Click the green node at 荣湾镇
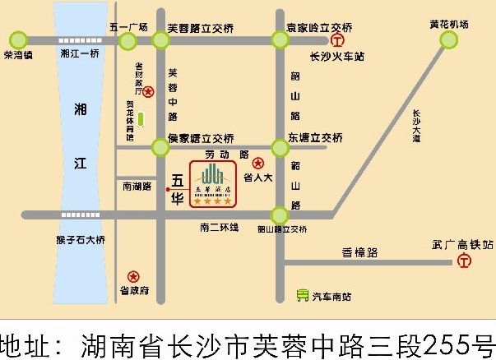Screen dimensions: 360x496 [x=17, y=39]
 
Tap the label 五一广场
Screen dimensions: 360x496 [x=127, y=26]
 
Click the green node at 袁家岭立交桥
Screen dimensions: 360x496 [x=280, y=39]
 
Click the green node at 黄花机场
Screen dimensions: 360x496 [x=449, y=39]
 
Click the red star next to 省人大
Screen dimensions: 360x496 [x=258, y=163]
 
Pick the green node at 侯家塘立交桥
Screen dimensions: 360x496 [x=159, y=148]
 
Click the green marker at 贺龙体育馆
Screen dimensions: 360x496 [x=141, y=119]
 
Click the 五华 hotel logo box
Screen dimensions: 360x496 [x=213, y=182]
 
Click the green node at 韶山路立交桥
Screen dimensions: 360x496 [x=280, y=215]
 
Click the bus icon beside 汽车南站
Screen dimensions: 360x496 [x=303, y=294]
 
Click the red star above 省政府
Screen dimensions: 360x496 [x=133, y=277]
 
